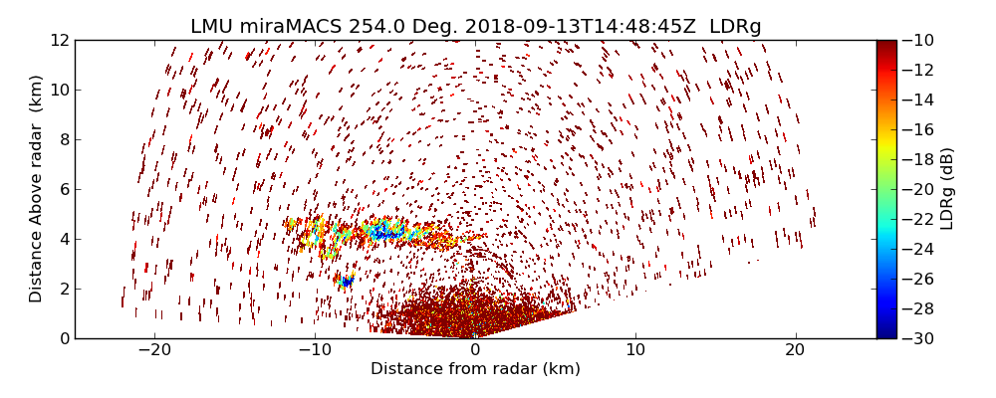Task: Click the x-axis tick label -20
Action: [154, 349]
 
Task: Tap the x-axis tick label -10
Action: [315, 349]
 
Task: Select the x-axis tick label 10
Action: [635, 349]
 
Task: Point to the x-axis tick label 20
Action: [795, 349]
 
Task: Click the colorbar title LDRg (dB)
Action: [947, 189]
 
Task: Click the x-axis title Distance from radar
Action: [475, 369]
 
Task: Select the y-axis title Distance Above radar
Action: [37, 189]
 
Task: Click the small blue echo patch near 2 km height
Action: [347, 282]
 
